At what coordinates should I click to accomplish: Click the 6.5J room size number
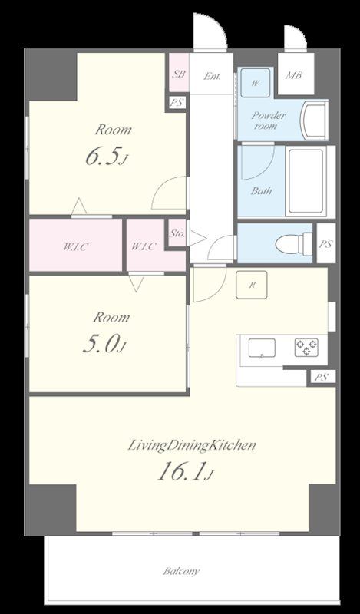click(x=107, y=157)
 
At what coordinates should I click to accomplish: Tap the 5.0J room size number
click(x=104, y=344)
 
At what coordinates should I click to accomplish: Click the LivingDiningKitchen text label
click(x=192, y=446)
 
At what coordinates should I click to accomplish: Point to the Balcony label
click(x=181, y=571)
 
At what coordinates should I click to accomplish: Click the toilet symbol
click(x=294, y=244)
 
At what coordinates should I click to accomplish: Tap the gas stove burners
click(x=306, y=348)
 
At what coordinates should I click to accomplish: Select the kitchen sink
click(x=262, y=348)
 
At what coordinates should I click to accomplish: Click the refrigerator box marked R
click(x=252, y=285)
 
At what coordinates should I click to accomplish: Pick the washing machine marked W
click(x=255, y=83)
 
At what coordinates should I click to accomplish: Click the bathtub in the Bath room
click(x=306, y=181)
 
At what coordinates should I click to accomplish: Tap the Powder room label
click(x=269, y=120)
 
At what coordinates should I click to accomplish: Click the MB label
click(x=293, y=75)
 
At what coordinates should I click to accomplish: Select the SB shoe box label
click(x=179, y=74)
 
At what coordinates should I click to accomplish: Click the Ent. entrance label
click(x=212, y=76)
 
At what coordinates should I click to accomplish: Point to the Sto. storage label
click(x=177, y=235)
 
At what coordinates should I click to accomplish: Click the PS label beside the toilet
click(x=326, y=244)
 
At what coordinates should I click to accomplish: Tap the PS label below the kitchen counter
click(x=320, y=378)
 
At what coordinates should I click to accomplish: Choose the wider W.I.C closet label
click(x=75, y=247)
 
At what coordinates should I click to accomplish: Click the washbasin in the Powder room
click(x=314, y=120)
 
